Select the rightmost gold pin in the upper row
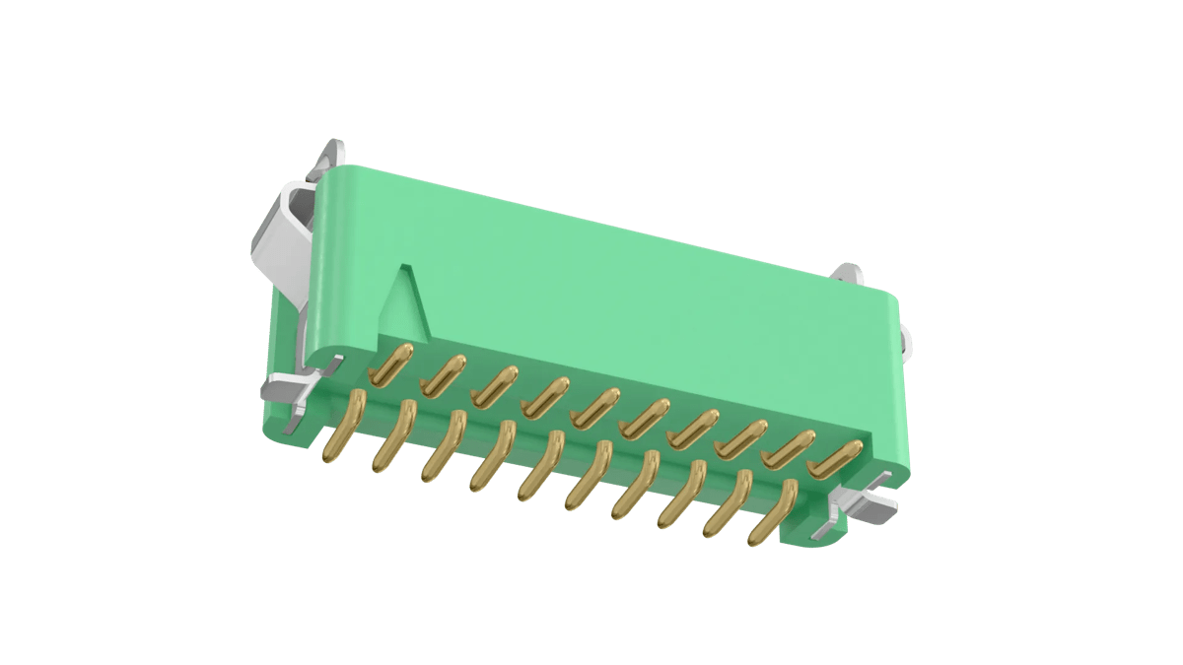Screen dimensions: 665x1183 pyautogui.click(x=833, y=458)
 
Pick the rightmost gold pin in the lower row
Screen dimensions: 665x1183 pyautogui.click(x=773, y=512)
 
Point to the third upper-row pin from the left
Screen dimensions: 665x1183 pyautogui.click(x=495, y=385)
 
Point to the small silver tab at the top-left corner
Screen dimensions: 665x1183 pyautogui.click(x=332, y=155)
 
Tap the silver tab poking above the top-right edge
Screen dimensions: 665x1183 pyautogui.click(x=849, y=274)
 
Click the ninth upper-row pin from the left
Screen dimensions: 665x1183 pyautogui.click(x=789, y=448)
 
